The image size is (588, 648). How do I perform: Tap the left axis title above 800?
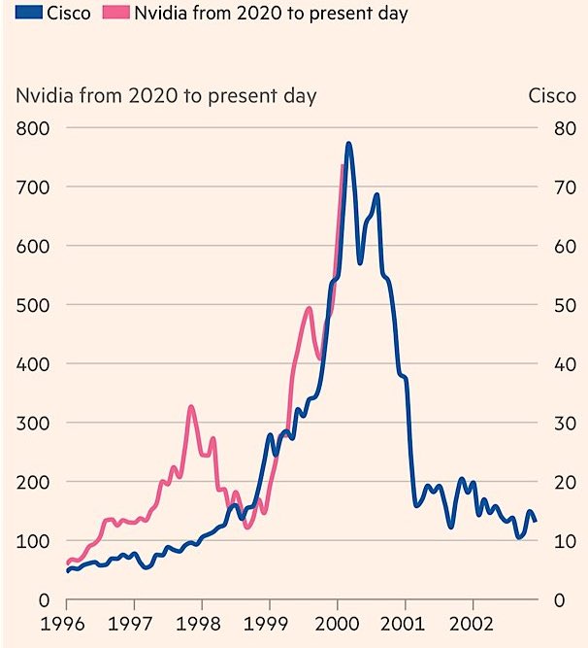pos(165,95)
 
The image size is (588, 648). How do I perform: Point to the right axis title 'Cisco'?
pos(551,95)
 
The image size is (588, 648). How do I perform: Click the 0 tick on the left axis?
pos(43,600)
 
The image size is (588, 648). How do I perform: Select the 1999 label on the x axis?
pos(270,623)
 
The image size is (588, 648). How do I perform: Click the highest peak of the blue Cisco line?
pos(348,144)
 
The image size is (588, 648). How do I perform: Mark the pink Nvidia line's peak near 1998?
pos(191,407)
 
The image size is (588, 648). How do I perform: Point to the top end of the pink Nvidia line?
pos(343,166)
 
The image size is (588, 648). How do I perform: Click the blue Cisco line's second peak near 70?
pos(376,195)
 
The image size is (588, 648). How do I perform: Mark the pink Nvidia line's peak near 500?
pos(309,309)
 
